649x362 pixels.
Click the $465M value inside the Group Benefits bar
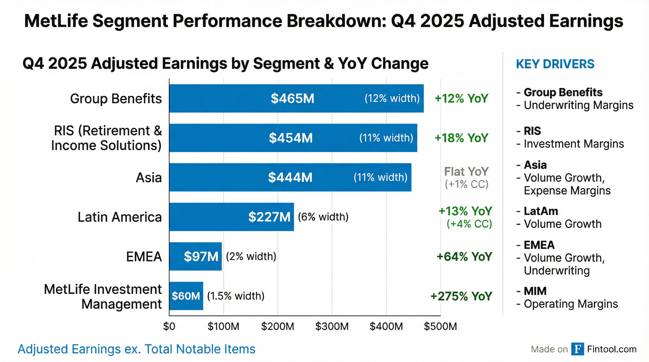coord(292,99)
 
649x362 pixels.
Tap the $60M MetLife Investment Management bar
coord(186,296)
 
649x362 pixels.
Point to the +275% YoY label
coord(461,296)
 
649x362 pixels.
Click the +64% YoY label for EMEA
coord(464,256)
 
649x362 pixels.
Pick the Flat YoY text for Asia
coord(466,172)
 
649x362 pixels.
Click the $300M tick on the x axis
coord(332,326)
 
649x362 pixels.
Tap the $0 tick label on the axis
coord(169,326)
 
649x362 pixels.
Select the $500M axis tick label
coord(440,326)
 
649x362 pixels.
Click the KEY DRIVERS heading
coord(555,64)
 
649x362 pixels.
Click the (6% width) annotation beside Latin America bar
coord(323,217)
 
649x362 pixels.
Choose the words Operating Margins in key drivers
coord(571,304)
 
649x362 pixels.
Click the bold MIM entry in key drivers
coord(535,291)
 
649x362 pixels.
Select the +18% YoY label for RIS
coord(461,138)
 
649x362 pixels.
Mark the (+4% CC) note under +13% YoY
coord(469,224)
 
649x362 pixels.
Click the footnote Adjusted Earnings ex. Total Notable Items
coord(136,349)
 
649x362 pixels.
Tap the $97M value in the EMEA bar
coord(201,256)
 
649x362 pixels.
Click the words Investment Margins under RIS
coord(574,144)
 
